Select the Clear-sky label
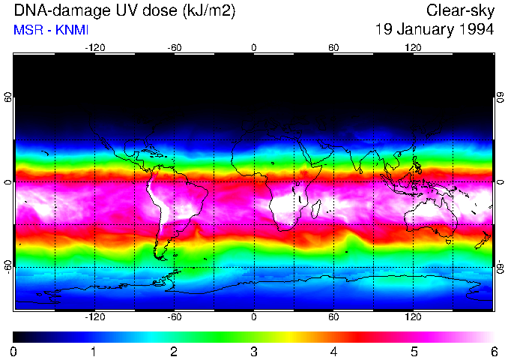(x=460, y=11)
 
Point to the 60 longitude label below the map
(x=333, y=317)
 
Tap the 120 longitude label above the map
(x=414, y=47)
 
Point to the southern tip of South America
(x=160, y=257)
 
